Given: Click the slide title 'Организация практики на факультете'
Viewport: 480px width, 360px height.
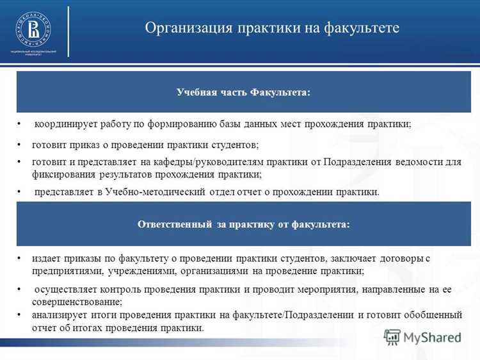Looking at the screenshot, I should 271,28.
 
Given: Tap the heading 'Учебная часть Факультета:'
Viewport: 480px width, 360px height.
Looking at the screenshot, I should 243,93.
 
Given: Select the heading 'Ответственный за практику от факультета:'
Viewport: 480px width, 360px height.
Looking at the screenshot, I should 243,224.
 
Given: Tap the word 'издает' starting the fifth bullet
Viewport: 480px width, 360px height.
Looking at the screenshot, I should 47,258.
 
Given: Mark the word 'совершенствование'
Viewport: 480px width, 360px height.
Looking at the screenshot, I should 76,301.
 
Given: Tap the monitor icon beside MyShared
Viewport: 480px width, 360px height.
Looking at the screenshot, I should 392,336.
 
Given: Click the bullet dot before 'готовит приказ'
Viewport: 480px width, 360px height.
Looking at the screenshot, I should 20,145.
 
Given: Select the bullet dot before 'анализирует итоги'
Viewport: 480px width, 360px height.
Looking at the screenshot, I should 20,315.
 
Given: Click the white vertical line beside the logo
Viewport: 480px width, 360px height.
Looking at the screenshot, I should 68,31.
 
